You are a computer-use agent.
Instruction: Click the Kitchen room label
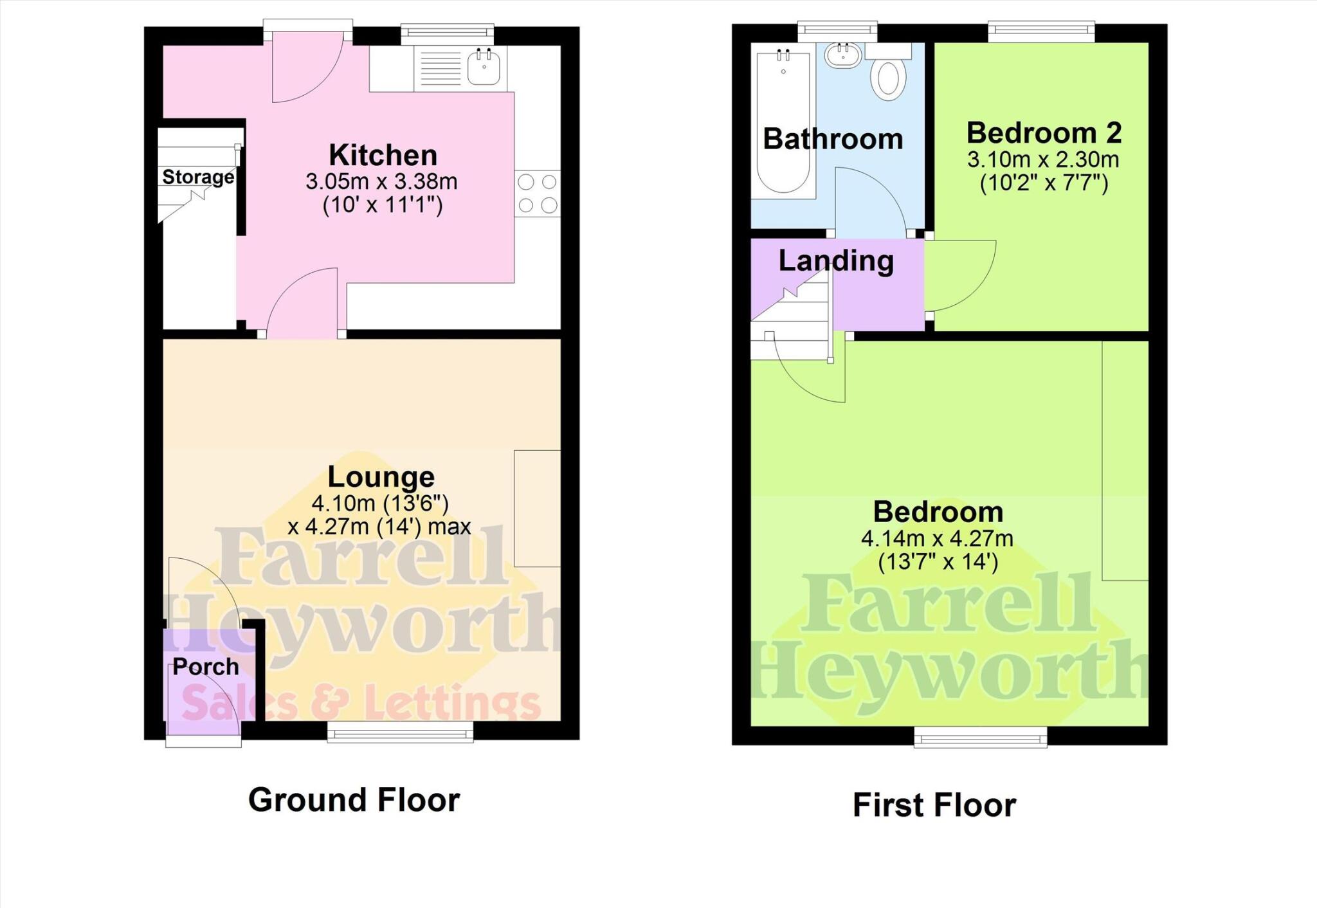(383, 156)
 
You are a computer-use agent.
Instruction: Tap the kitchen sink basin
(484, 67)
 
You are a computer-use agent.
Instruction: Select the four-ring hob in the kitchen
(537, 193)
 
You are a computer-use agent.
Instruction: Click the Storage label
(197, 177)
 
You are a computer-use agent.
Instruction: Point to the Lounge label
(381, 477)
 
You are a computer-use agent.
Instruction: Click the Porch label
(206, 667)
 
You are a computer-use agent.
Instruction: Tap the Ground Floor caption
(354, 801)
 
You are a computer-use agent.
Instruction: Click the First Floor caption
(934, 805)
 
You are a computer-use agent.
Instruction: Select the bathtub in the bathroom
(783, 122)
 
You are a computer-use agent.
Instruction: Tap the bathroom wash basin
(842, 56)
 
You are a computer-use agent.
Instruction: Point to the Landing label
(836, 261)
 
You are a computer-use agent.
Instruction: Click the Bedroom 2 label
(1044, 133)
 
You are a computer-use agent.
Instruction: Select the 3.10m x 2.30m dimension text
(1043, 159)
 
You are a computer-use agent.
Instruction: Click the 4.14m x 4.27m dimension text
(937, 538)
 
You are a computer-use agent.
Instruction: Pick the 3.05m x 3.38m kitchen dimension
(381, 182)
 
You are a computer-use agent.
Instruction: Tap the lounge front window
(400, 732)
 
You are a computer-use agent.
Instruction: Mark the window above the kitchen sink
(447, 34)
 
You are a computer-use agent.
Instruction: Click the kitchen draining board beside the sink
(440, 68)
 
